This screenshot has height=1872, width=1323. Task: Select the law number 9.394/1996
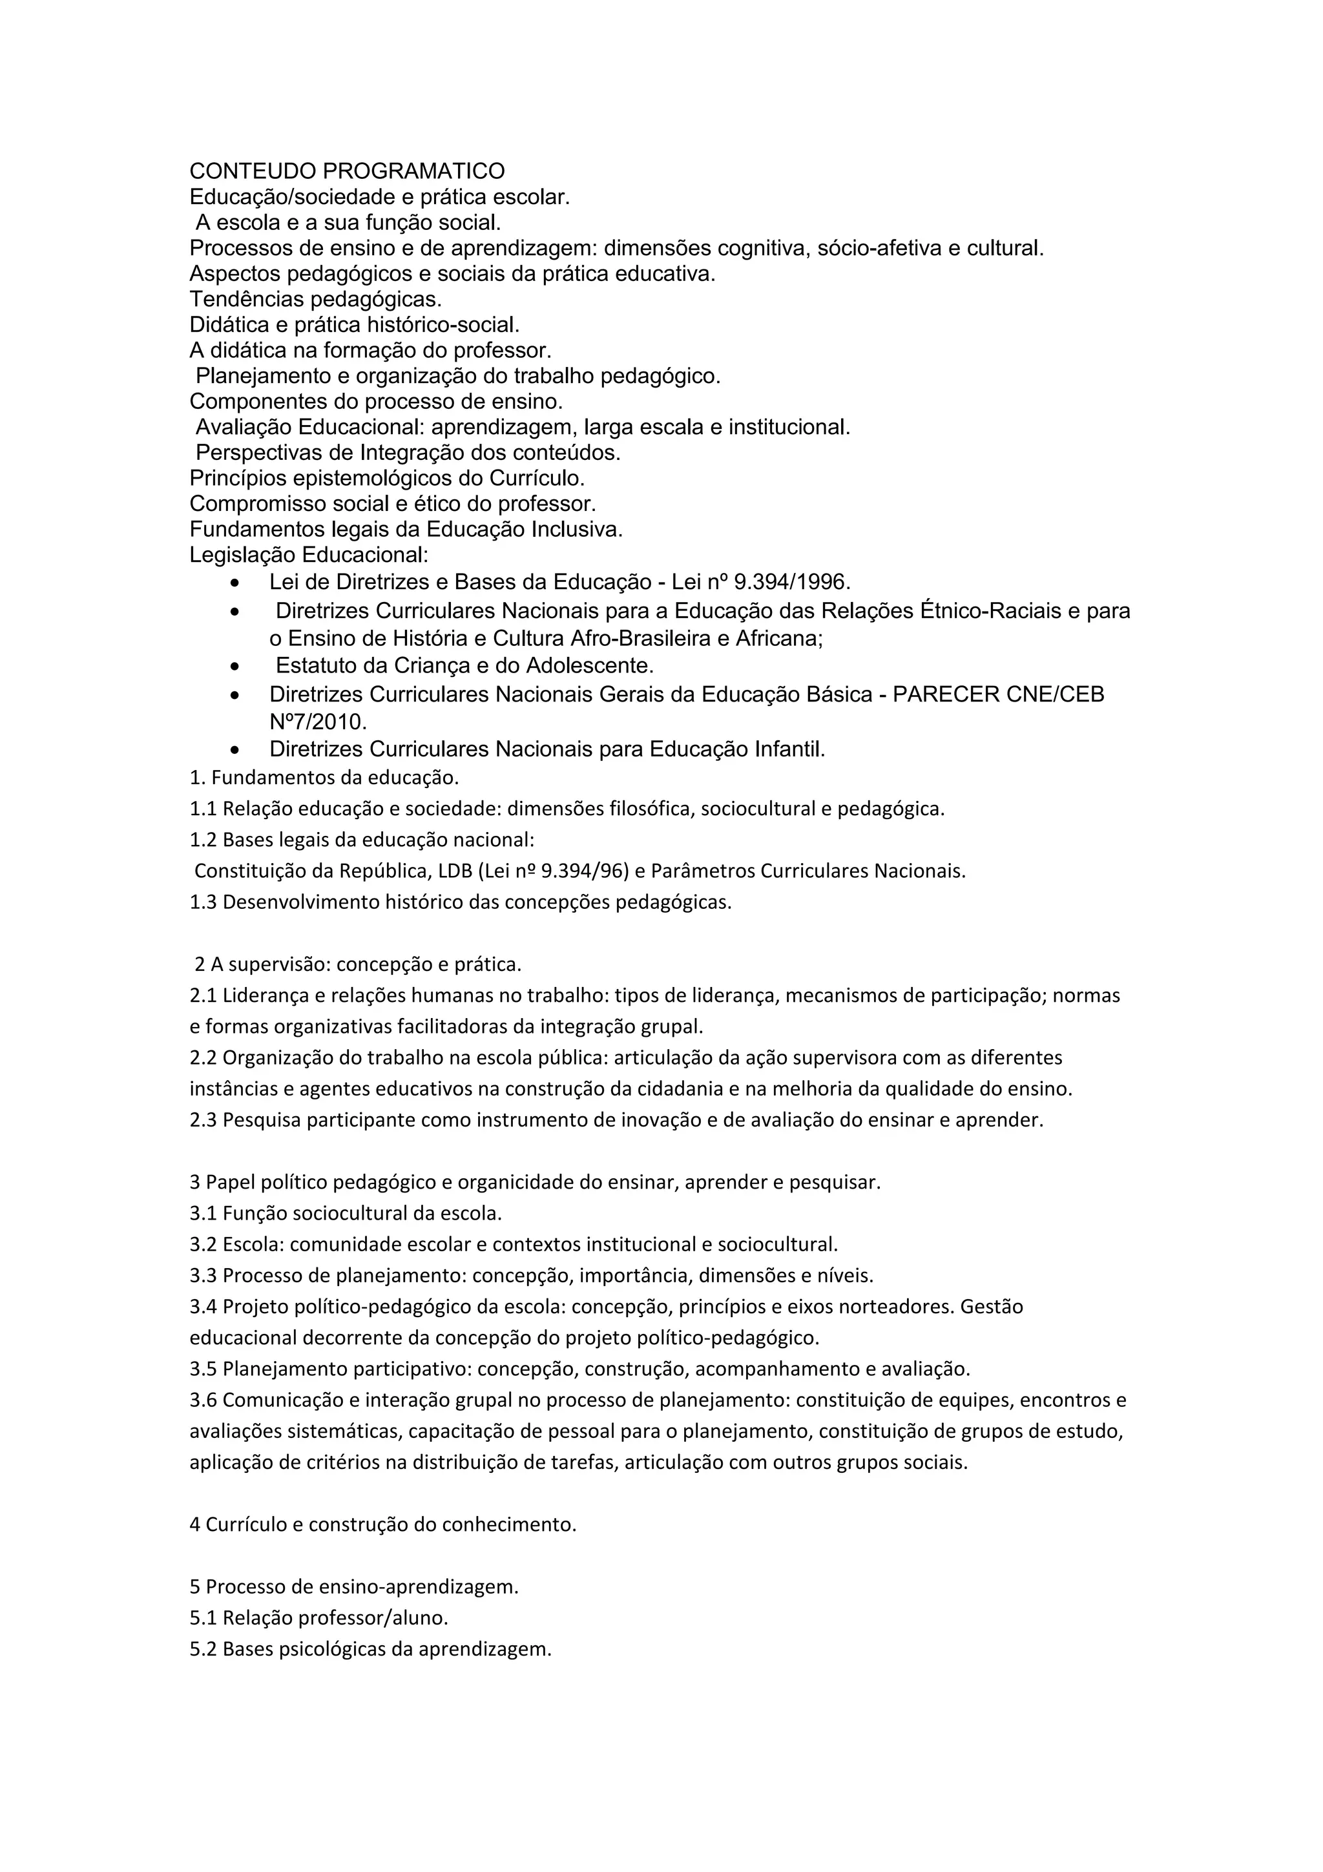(791, 582)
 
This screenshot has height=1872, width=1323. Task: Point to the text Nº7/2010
(318, 722)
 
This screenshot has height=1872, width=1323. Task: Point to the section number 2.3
(203, 1120)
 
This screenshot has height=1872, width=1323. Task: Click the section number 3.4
(203, 1307)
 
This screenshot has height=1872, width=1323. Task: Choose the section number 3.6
(203, 1400)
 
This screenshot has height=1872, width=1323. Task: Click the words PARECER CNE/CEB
(999, 694)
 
